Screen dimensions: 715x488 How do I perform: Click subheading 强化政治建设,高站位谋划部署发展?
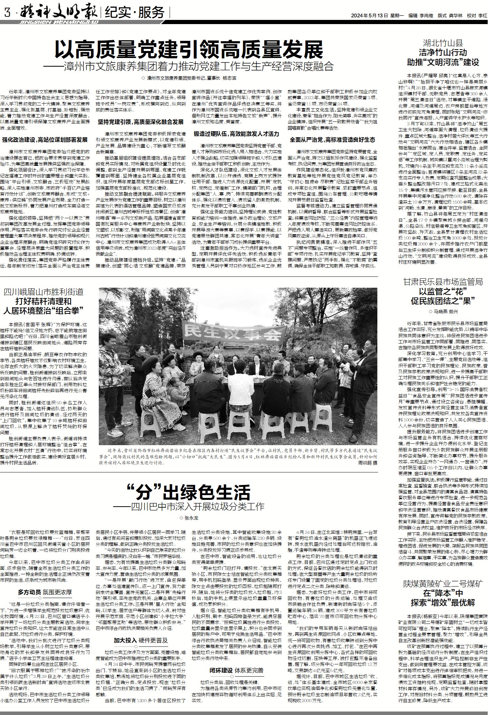coord(45,140)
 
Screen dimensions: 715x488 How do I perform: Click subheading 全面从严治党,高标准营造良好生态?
coord(332,140)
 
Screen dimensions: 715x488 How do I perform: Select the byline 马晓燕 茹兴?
coord(443,311)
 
